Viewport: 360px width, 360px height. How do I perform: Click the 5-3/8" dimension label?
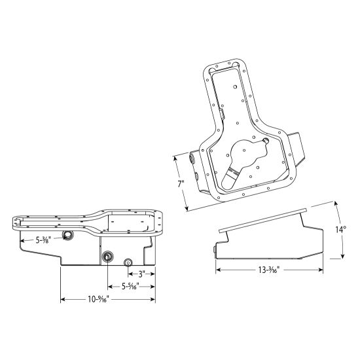pyautogui.click(x=46, y=240)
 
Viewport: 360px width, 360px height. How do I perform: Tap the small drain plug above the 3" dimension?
pyautogui.click(x=128, y=263)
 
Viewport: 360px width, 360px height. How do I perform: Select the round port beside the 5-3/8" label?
pyautogui.click(x=67, y=234)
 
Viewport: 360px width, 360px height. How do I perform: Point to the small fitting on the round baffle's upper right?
pyautogui.click(x=265, y=140)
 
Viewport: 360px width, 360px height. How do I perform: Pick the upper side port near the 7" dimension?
pyautogui.click(x=191, y=157)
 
